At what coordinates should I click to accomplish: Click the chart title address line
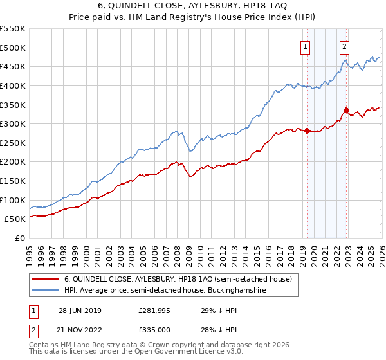point(193,5)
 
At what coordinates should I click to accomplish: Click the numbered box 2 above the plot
point(345,46)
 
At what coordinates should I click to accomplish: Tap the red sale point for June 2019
point(307,130)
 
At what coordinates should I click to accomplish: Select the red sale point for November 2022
point(346,111)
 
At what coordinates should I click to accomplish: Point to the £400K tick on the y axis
point(13,85)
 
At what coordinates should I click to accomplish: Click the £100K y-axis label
point(13,200)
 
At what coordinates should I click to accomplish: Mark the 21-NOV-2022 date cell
point(79,329)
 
